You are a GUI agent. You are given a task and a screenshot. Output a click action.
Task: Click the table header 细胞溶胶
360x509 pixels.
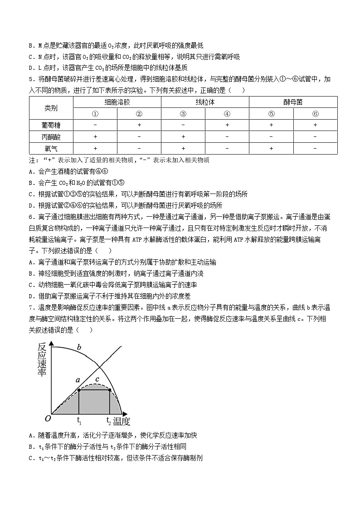(x=117, y=102)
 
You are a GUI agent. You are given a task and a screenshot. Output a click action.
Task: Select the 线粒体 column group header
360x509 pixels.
(x=205, y=102)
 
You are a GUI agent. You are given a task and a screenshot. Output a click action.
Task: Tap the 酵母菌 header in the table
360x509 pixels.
(x=293, y=102)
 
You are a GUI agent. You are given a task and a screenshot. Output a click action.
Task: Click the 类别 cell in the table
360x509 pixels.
(x=51, y=108)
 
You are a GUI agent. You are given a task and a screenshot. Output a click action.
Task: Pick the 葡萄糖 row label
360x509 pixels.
(x=51, y=125)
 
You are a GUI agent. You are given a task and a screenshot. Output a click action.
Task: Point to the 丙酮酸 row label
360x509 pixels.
(x=51, y=136)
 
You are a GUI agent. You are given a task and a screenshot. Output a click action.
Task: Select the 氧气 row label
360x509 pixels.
(x=51, y=148)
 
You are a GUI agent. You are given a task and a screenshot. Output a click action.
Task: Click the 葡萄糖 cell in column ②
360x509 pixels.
(x=139, y=125)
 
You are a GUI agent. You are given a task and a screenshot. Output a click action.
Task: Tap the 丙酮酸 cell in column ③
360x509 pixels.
(x=183, y=136)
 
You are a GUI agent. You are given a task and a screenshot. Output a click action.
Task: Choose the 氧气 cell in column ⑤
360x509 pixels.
(x=271, y=148)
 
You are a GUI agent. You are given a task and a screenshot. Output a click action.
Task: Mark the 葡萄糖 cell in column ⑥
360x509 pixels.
(x=315, y=125)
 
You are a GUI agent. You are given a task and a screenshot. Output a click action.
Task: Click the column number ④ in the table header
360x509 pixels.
(x=227, y=114)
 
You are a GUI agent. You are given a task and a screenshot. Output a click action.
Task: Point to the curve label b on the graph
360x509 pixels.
(x=79, y=348)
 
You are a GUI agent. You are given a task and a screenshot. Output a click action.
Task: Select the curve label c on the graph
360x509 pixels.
(x=97, y=379)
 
